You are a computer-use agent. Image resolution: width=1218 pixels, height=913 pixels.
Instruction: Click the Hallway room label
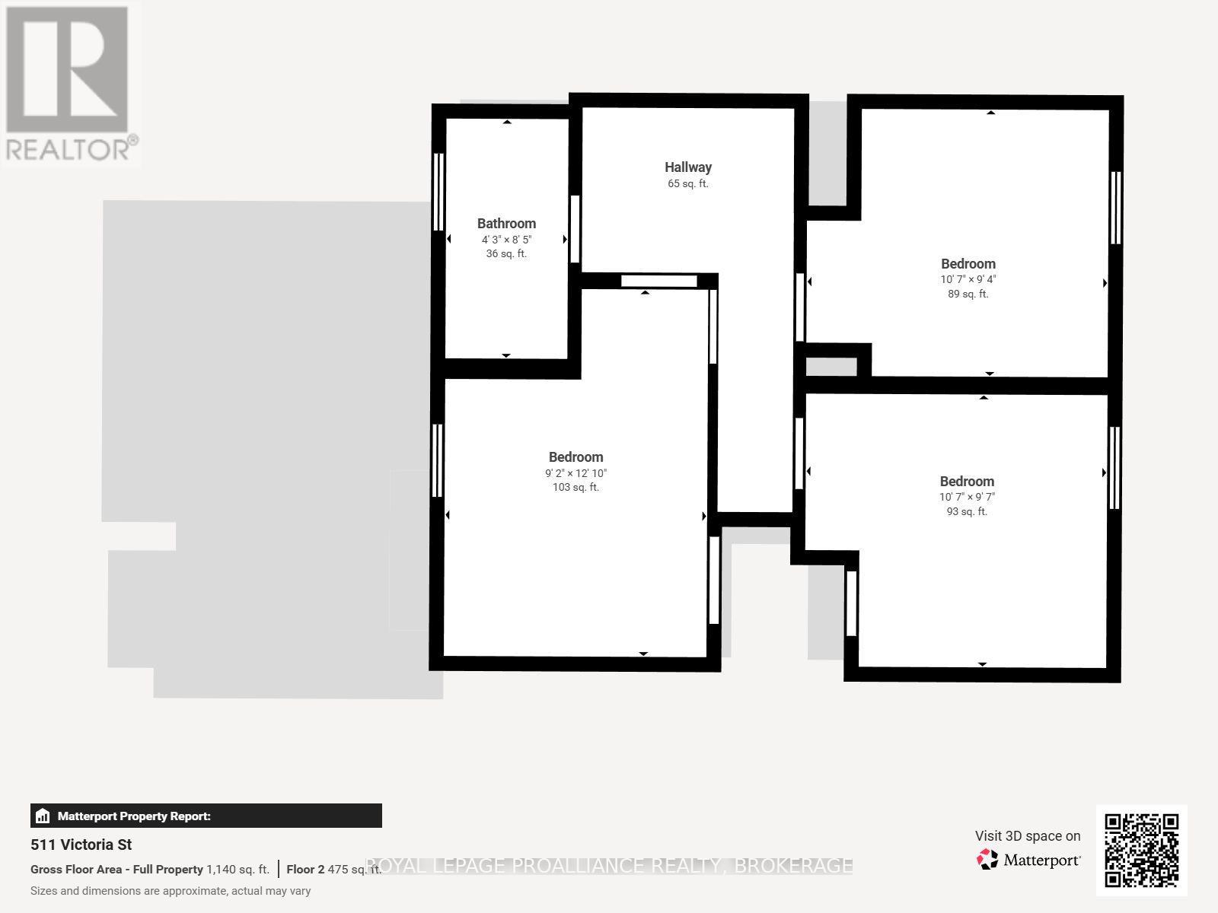click(687, 167)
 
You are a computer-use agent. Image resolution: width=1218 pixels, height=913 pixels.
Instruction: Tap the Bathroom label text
click(506, 224)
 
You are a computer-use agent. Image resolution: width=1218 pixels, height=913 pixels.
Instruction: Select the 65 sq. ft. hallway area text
click(687, 184)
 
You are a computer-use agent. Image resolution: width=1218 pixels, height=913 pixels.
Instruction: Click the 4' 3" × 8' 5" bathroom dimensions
click(506, 240)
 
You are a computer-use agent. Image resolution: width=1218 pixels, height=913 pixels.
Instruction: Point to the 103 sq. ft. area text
click(576, 488)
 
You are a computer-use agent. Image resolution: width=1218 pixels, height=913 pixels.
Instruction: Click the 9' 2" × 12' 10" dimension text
click(576, 473)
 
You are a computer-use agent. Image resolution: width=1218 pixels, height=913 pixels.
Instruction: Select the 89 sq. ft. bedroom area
click(968, 294)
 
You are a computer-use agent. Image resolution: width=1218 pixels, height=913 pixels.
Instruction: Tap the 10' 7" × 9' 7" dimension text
click(967, 497)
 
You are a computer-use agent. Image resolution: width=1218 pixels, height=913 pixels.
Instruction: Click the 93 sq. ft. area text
click(967, 512)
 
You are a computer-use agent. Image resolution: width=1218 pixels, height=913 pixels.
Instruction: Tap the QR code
click(1141, 850)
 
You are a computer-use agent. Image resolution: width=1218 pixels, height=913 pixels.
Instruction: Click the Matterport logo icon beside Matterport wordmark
click(987, 860)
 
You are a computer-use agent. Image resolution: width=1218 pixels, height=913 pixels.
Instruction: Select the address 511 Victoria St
click(81, 845)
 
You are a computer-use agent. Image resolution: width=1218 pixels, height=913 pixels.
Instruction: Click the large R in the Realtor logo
click(67, 68)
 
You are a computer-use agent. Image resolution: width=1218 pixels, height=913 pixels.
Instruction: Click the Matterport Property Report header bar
click(206, 816)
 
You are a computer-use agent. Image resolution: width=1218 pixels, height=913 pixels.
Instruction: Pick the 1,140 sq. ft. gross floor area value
click(238, 870)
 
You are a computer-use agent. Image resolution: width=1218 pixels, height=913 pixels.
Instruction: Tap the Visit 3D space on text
click(1027, 836)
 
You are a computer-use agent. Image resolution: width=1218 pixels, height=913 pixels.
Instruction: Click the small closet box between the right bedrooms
click(831, 367)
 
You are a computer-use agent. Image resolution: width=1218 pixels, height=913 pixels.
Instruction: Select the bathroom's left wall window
click(438, 192)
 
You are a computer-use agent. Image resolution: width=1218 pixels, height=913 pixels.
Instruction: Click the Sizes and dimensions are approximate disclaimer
click(171, 891)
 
